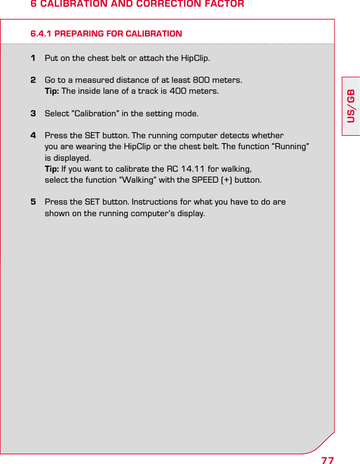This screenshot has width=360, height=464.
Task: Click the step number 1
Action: coord(33,58)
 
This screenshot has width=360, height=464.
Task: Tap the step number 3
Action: coord(33,113)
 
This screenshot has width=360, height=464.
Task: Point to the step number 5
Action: coord(33,202)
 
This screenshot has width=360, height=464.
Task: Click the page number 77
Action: coord(327,459)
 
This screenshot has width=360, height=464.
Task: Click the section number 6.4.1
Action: coord(41,33)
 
